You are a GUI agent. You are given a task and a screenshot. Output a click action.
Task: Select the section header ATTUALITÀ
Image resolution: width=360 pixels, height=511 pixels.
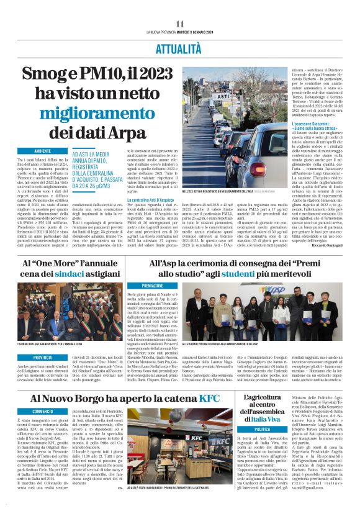coord(180,47)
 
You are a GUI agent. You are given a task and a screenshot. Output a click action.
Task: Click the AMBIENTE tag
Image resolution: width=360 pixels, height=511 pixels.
coord(43,151)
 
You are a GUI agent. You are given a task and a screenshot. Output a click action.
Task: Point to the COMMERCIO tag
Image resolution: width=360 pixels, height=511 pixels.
coord(43,411)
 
